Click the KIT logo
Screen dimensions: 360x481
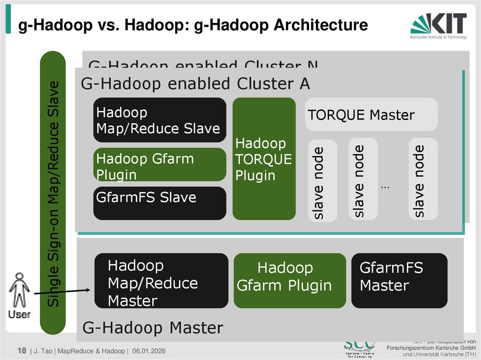point(438,25)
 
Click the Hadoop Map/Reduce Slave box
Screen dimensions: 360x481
point(160,120)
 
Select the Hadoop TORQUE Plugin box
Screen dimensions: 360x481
point(264,159)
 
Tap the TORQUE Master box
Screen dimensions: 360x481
point(371,115)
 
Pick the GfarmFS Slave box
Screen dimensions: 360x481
point(160,203)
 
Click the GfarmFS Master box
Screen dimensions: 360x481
point(399,281)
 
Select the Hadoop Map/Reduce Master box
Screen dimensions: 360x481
point(161,281)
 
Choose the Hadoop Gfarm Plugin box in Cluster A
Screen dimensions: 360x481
point(160,165)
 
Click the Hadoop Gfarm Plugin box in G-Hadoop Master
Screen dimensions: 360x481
point(289,281)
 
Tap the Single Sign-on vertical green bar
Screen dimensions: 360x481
point(53,192)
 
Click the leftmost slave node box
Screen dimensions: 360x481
point(322,181)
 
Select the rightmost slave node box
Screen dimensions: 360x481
point(423,179)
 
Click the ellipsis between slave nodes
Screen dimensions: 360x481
point(385,187)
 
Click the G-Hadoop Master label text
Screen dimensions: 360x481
point(153,328)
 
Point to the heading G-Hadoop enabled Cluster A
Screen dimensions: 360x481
point(195,84)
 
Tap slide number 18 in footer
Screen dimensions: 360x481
point(22,351)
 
